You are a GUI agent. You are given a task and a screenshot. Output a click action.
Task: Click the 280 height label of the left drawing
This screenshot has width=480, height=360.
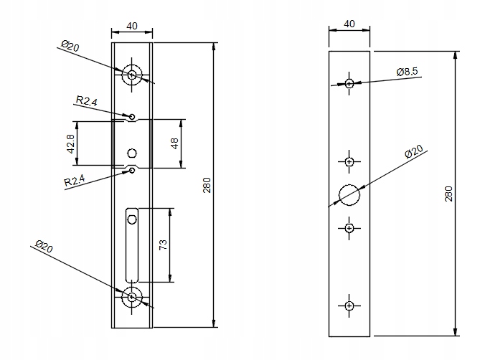pos(207,185)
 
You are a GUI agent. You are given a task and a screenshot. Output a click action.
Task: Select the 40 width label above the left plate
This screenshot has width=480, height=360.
pos(132,26)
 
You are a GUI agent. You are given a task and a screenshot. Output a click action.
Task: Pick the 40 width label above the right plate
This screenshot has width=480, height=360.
pos(349,24)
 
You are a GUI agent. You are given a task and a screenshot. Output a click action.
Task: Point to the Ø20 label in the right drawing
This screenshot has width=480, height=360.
pos(414,153)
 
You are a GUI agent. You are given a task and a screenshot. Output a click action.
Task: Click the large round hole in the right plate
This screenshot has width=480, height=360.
pos(349,194)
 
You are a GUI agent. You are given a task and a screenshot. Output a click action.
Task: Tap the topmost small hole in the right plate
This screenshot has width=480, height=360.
pos(349,84)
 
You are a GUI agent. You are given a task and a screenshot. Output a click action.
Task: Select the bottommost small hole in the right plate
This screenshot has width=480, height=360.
pos(349,306)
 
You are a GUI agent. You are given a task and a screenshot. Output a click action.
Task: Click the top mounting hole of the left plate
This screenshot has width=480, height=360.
pos(132,74)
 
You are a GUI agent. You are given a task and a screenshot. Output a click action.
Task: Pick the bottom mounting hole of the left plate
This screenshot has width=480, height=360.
pos(132,296)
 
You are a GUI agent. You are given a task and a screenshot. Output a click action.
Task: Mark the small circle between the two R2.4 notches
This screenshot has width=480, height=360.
pos(132,153)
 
